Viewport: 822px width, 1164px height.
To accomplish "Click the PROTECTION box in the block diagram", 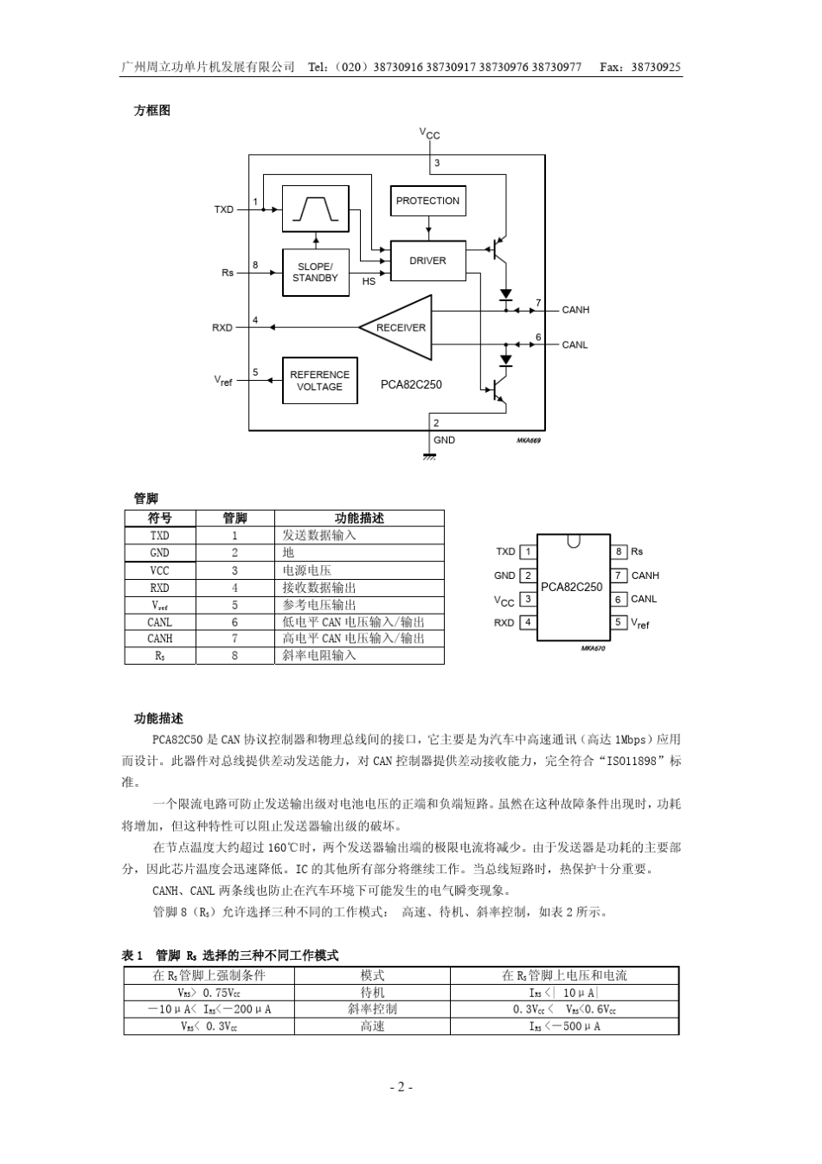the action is point(427,201).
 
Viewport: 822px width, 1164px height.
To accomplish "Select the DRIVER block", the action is point(427,260).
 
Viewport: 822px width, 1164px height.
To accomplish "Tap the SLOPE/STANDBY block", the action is point(315,273).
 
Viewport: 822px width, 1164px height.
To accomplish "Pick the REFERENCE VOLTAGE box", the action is point(319,381).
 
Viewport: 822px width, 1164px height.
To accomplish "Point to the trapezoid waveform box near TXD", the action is point(315,209).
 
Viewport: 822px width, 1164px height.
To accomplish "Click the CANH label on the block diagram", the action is point(575,310).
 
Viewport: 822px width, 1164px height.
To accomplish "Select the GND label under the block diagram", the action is point(444,441).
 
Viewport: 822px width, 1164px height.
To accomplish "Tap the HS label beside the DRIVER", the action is point(369,281).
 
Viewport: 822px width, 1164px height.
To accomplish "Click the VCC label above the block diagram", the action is point(430,134).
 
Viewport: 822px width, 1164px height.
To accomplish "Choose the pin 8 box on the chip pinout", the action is point(618,551).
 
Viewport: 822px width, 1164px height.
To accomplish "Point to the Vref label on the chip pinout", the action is point(640,623).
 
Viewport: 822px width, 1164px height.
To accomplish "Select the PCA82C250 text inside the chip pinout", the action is point(571,587).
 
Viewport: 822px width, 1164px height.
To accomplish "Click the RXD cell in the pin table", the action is point(160,588).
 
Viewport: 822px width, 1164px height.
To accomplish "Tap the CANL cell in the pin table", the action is point(160,621).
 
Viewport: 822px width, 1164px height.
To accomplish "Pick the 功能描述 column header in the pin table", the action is point(359,518).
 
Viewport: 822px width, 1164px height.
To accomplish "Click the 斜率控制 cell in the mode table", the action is point(372,1009).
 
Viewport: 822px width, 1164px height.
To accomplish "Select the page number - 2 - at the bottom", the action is point(401,1087).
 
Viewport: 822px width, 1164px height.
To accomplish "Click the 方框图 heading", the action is point(152,111).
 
